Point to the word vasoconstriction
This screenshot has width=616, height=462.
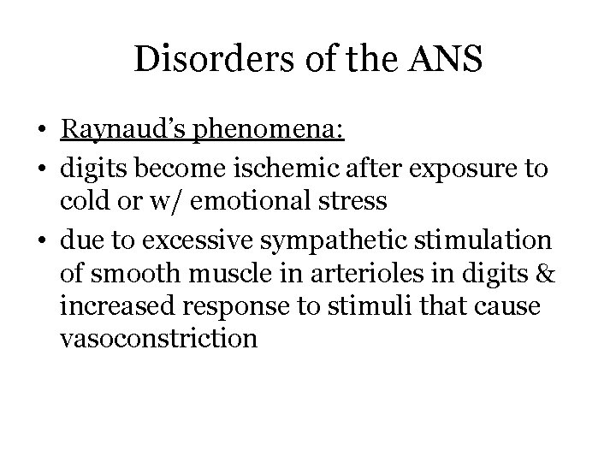coord(159,339)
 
